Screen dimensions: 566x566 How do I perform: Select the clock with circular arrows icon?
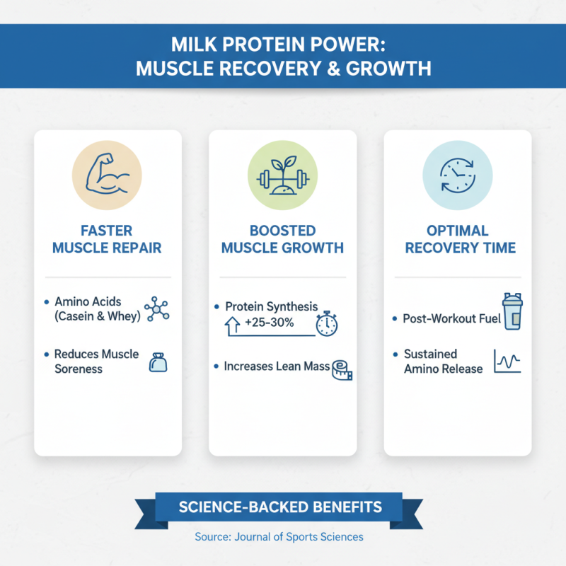[x=457, y=175]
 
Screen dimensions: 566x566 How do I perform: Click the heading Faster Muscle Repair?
[x=108, y=240]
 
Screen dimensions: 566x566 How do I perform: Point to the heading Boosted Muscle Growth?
[x=282, y=240]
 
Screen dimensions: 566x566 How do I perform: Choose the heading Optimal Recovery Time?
[x=457, y=240]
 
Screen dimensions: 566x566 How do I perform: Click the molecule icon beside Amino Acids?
[x=156, y=309]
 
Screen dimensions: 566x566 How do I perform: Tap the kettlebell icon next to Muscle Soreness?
[x=157, y=363]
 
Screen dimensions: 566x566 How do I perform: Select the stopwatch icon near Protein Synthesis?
[x=326, y=323]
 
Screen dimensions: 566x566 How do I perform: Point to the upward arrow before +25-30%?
[x=231, y=326]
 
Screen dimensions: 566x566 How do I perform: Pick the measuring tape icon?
[x=342, y=369]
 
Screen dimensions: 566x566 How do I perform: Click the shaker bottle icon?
[x=512, y=313]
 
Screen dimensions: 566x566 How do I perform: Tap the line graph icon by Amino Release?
[x=507, y=362]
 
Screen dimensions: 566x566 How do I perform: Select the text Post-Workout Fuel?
[x=451, y=319]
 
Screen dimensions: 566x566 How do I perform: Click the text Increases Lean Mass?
[x=277, y=366]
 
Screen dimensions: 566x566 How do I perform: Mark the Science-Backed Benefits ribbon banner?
[x=281, y=507]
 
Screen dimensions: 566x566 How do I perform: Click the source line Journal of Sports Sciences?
[x=279, y=537]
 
